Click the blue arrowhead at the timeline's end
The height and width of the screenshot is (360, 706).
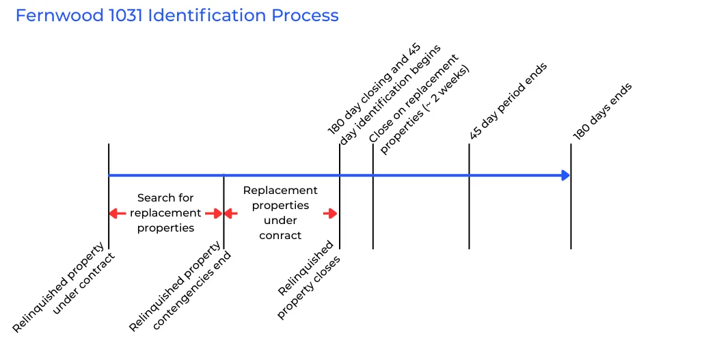pos(565,176)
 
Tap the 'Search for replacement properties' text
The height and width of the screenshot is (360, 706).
pos(165,212)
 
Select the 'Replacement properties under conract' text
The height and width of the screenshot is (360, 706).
pos(280,212)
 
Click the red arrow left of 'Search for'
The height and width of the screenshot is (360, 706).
pos(118,213)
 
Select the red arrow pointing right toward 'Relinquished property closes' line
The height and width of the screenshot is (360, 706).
pos(331,213)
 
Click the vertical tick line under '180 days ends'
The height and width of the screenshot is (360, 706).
pos(571,205)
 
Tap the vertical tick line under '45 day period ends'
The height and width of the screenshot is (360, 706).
pos(469,205)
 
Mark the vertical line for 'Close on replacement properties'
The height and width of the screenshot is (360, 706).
pos(373,205)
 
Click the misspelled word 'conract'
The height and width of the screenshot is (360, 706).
pos(280,235)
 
